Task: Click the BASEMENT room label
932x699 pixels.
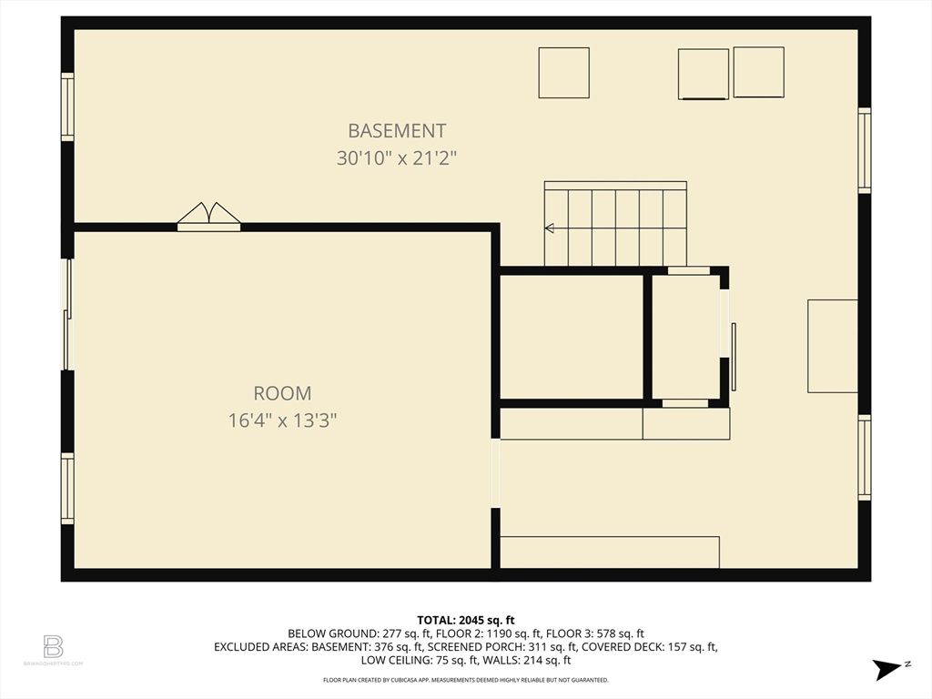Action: (397, 131)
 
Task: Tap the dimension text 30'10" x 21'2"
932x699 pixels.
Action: (397, 157)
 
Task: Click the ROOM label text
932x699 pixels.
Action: (282, 393)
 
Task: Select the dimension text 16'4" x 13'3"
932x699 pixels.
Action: (282, 420)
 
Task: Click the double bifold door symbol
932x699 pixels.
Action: (208, 218)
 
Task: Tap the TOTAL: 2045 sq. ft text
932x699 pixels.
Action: (466, 620)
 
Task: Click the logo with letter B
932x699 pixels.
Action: (54, 647)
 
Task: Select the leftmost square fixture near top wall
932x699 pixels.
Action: (563, 73)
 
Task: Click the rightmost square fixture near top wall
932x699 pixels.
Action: (758, 72)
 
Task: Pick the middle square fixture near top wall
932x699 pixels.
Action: (704, 74)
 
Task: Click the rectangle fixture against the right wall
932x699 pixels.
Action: (832, 346)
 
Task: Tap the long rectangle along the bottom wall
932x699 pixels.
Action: (610, 552)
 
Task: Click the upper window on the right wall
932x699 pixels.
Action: (864, 150)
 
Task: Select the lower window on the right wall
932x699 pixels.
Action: (864, 457)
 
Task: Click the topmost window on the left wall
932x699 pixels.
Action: (67, 106)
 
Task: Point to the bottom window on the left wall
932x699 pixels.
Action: (67, 488)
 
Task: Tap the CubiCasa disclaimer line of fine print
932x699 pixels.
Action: (466, 680)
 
